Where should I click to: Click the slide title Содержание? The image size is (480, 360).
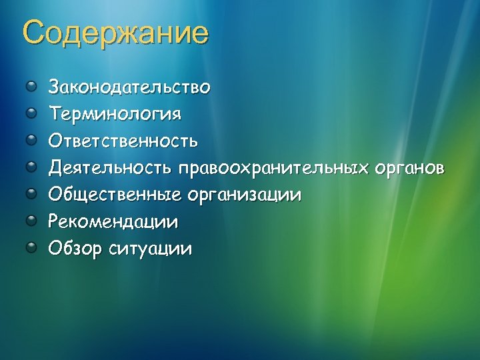[115, 34]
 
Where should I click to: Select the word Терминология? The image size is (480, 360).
[114, 113]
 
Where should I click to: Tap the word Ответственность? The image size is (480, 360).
[123, 141]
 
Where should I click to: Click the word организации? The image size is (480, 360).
[244, 196]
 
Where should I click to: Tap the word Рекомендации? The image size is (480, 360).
[113, 222]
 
